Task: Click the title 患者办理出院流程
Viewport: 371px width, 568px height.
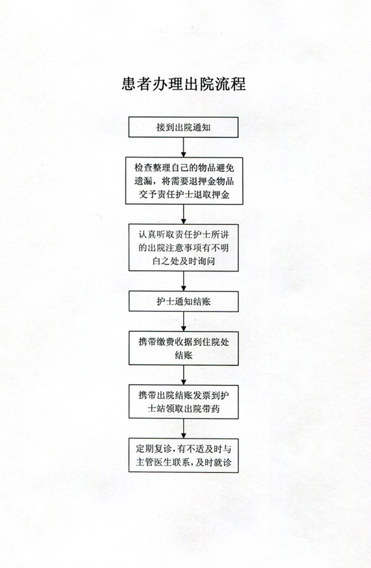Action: [184, 84]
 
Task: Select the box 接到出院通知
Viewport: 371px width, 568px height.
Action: [183, 127]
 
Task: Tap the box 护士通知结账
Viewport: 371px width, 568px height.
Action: [184, 301]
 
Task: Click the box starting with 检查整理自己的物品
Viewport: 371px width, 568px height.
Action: [184, 181]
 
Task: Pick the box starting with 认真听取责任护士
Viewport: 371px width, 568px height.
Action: [184, 248]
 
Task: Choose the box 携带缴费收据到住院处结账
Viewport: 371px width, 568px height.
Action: [184, 348]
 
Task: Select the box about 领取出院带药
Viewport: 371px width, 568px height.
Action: [184, 402]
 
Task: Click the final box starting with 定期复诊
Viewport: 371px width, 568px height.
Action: [184, 456]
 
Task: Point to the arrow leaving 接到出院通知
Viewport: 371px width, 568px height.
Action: [184, 147]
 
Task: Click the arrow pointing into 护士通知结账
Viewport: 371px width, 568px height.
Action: [184, 281]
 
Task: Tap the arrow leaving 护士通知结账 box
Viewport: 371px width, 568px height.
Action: [184, 321]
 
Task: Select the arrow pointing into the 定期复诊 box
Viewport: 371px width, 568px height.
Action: [184, 429]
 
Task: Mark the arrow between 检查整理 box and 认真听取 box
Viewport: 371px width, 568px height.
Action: [184, 214]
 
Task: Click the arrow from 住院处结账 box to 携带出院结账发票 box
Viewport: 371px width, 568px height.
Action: [184, 375]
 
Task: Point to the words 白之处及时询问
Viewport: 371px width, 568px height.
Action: [184, 261]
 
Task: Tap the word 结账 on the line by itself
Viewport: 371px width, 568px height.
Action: [184, 355]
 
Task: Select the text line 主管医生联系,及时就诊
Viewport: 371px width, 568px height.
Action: [184, 462]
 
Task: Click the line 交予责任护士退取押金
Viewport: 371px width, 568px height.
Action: [184, 194]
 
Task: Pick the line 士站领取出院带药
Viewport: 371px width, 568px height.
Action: [184, 408]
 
